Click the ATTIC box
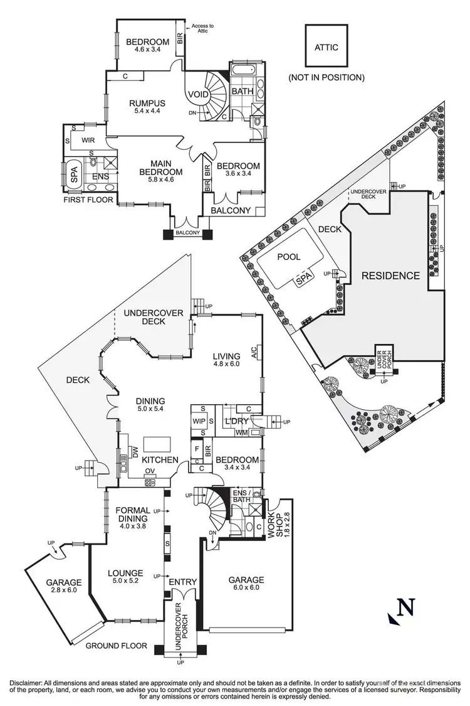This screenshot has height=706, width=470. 326,46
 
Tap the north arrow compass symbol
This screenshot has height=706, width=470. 403,610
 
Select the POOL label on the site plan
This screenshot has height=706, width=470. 289,257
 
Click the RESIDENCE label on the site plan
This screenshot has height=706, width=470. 390,275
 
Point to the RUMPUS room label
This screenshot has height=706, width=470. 147,107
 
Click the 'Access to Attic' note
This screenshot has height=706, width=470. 202,28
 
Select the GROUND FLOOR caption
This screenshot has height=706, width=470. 117,646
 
